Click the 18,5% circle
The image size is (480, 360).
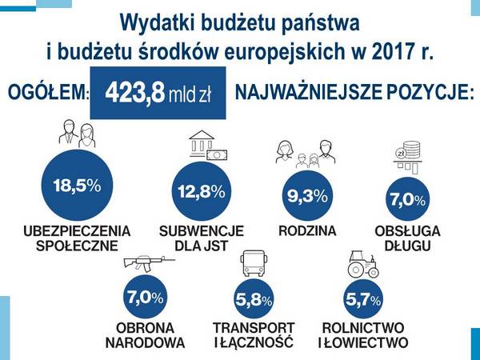77,186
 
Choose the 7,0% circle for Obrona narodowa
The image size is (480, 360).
145,297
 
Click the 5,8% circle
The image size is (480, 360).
254,301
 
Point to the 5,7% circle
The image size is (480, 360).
363,301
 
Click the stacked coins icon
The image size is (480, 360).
409,153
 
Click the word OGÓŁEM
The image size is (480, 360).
46,94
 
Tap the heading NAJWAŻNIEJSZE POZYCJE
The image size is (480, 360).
354,93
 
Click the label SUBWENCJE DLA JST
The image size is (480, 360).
202,238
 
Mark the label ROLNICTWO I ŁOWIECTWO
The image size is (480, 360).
363,335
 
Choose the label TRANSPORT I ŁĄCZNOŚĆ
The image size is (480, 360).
254,335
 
